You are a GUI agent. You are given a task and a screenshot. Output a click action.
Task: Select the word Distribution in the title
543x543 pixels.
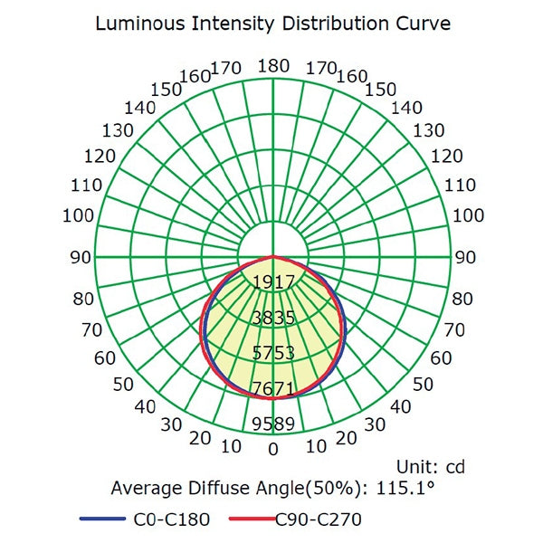click(327, 23)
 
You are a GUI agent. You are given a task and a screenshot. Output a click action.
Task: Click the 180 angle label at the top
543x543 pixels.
click(272, 66)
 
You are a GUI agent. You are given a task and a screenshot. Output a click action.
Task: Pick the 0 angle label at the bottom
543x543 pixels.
click(272, 448)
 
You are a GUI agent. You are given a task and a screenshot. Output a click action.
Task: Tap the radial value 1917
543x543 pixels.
click(272, 281)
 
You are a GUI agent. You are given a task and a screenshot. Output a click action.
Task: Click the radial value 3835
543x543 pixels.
click(272, 318)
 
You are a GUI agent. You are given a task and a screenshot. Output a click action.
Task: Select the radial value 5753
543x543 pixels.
click(272, 353)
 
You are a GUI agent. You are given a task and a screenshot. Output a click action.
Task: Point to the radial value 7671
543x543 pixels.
click(272, 388)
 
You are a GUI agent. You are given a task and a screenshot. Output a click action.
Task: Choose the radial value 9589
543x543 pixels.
click(272, 424)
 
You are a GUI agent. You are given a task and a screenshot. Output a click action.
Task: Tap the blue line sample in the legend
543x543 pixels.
click(101, 519)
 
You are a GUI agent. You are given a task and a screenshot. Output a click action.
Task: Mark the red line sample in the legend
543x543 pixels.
click(248, 519)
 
